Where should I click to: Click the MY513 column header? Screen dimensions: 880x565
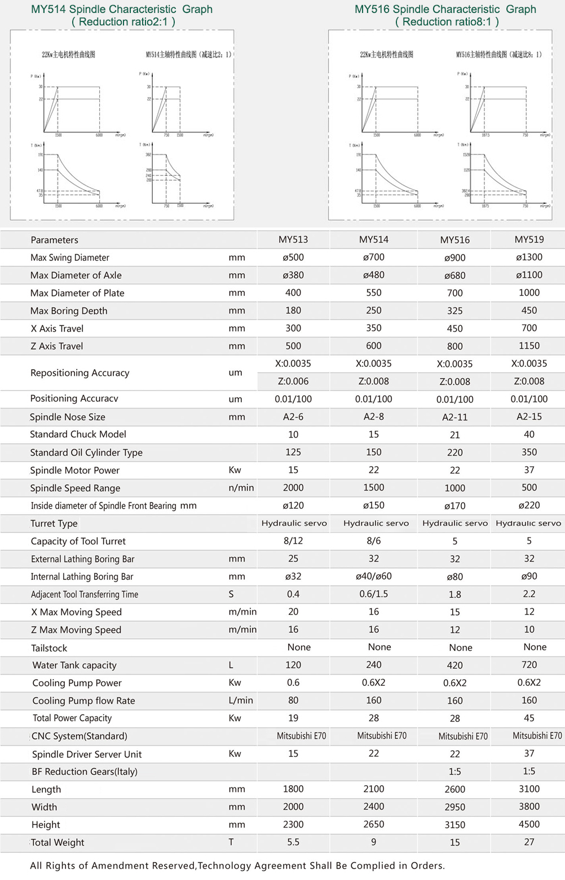pyautogui.click(x=293, y=239)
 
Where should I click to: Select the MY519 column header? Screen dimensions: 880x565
pyautogui.click(x=529, y=239)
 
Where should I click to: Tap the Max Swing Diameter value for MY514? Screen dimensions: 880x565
pyautogui.click(x=373, y=257)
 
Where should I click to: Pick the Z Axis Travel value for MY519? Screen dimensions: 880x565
pyautogui.click(x=529, y=345)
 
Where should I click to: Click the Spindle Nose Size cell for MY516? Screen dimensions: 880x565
pyautogui.click(x=454, y=417)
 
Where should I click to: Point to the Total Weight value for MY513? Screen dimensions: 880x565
pyautogui.click(x=293, y=842)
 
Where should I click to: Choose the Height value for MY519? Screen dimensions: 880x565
pyautogui.click(x=529, y=824)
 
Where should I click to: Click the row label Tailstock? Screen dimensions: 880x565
pyautogui.click(x=49, y=648)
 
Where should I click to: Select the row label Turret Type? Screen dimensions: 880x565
pyautogui.click(x=54, y=523)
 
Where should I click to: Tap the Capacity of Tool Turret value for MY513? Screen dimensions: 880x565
pyautogui.click(x=293, y=541)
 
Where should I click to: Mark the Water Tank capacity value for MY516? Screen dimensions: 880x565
pyautogui.click(x=454, y=666)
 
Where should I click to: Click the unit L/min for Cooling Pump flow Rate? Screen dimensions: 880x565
pyautogui.click(x=241, y=701)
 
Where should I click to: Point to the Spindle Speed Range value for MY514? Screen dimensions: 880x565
pyautogui.click(x=373, y=487)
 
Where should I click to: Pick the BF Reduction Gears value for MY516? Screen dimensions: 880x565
pyautogui.click(x=454, y=772)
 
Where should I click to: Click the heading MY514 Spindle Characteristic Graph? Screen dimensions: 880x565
pyautogui.click(x=122, y=10)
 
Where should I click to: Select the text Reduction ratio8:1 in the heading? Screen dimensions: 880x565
pyautogui.click(x=447, y=22)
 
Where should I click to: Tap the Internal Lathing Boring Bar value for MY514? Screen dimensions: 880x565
pyautogui.click(x=373, y=576)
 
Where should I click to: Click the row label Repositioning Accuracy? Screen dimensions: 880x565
pyautogui.click(x=80, y=373)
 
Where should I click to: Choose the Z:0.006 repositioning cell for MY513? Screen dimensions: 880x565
pyautogui.click(x=293, y=382)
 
